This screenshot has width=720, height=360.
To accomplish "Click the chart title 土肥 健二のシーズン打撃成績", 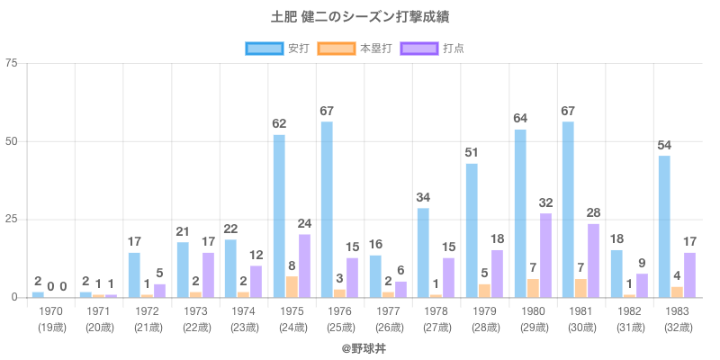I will pos(360,18).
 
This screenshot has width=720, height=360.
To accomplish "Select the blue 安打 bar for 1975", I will pos(279,216).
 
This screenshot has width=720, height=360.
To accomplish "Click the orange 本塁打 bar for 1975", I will pos(292,286).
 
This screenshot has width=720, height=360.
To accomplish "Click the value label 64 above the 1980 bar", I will pos(520,118).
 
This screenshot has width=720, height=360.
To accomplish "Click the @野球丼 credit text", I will pos(360,346).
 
